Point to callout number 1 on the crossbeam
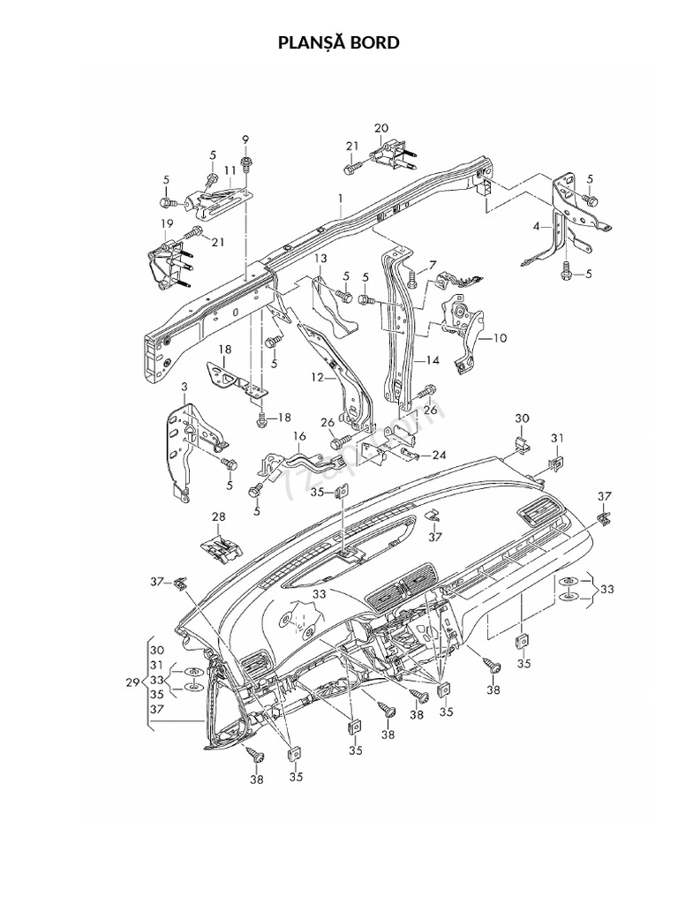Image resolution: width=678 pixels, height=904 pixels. point(340,200)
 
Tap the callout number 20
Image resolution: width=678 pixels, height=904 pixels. point(381,128)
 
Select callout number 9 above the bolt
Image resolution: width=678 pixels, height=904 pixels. point(245,139)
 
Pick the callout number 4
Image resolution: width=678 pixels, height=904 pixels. point(536,226)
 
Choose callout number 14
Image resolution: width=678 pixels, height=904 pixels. point(433,360)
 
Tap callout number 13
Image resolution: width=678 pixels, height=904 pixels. point(320,258)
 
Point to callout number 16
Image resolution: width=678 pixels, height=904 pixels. point(299,436)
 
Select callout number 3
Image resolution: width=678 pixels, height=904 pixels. point(184,387)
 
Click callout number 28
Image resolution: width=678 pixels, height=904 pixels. point(218,516)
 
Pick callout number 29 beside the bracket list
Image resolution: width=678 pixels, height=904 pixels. point(132,683)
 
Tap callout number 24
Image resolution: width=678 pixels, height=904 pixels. point(439,456)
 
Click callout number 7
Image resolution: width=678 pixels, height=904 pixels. point(433,265)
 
